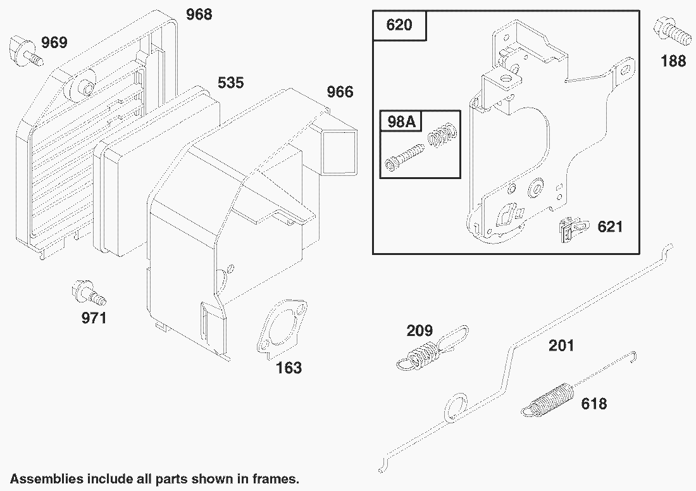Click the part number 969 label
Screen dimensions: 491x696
(x=54, y=43)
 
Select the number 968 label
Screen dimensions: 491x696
(x=199, y=14)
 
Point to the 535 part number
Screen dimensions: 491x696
(x=230, y=83)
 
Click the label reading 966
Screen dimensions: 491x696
(x=340, y=92)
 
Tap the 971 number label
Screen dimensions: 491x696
(x=94, y=318)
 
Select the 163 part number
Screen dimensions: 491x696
(x=289, y=368)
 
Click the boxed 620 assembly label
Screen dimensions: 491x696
(x=399, y=25)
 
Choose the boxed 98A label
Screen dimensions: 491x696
(x=401, y=121)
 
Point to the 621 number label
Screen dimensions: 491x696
(x=610, y=227)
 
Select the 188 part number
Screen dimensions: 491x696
(x=673, y=61)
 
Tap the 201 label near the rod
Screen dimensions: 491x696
(x=561, y=345)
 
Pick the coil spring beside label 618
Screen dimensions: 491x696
(x=550, y=399)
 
